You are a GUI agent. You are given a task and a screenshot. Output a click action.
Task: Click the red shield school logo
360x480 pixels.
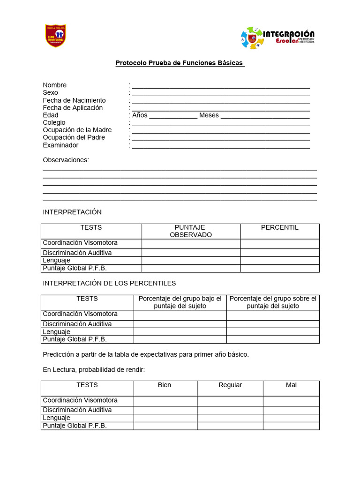pos(56,36)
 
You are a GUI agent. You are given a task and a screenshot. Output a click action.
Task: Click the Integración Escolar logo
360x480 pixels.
pos(277,38)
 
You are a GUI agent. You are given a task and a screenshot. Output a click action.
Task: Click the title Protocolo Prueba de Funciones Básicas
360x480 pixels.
pos(180,63)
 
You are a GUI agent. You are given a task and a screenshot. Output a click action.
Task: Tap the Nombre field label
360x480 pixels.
pos(55,85)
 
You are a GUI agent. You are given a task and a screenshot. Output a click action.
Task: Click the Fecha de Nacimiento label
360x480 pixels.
pos(74,100)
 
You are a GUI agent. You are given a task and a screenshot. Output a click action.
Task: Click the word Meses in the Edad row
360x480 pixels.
pos(209,115)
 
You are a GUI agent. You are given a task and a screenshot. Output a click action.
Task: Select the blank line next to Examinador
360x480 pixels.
pos(221,146)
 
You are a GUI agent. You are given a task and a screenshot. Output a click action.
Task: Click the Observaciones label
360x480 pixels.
pos(66,160)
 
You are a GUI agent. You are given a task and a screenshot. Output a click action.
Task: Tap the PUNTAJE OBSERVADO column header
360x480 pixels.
pos(190,231)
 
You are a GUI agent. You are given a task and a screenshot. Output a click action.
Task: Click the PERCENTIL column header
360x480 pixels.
pos(279,228)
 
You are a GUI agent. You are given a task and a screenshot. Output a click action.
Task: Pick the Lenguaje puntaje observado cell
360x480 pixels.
pos(191,261)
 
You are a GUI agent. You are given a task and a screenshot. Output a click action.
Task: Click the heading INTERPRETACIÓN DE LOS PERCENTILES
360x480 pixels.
pos(109,283)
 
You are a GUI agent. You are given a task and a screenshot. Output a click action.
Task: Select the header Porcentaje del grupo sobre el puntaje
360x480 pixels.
pos(273,302)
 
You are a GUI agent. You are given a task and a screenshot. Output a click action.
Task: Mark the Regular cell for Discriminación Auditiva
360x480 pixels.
pos(230,410)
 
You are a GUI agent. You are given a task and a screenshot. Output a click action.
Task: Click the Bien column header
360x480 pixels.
pos(165,385)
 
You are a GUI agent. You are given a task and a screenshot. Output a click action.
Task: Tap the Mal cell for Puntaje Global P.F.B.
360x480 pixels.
pos(291,426)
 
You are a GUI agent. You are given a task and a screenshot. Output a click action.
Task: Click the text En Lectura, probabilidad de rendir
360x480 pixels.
pos(94,370)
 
